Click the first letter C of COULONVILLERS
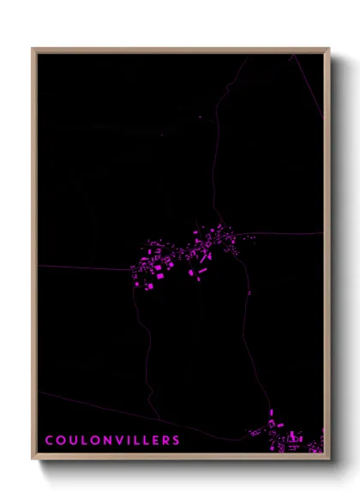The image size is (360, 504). point(48,441)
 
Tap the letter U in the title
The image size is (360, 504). point(71,441)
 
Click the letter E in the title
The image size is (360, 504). point(154,441)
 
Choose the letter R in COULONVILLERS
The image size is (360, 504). point(165,441)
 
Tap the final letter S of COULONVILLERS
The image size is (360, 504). point(177,441)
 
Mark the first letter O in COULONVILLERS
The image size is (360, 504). point(59,441)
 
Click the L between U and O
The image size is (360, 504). point(82,441)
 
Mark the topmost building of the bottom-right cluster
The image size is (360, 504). point(272,412)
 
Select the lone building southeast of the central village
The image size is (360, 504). point(249,293)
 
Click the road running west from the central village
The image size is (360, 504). point(86,267)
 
